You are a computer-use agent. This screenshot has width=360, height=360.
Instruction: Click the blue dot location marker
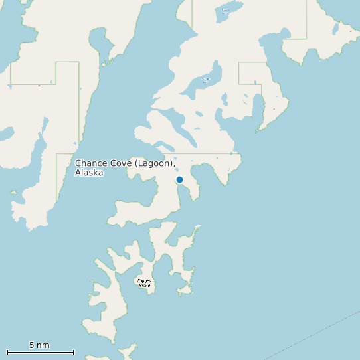(x=179, y=179)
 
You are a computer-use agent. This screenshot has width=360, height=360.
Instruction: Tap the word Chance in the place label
(x=90, y=163)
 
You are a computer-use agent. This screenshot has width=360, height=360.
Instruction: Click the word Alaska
(x=89, y=173)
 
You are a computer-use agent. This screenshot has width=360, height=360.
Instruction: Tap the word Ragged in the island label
(x=144, y=281)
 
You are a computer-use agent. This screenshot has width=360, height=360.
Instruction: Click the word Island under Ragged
(x=144, y=285)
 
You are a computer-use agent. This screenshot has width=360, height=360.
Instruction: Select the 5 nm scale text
(x=39, y=345)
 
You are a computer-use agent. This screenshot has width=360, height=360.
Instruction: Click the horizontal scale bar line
(x=40, y=352)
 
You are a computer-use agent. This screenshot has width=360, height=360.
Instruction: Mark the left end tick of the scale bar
(x=7, y=352)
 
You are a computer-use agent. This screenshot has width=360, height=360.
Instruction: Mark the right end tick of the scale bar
(x=74, y=352)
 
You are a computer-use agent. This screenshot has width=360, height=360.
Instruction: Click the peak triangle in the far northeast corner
(x=351, y=31)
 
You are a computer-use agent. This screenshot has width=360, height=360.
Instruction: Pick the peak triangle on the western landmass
(x=39, y=86)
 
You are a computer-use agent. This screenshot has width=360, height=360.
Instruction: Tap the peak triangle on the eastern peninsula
(x=274, y=109)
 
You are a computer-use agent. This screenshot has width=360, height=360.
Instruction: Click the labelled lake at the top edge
(x=226, y=11)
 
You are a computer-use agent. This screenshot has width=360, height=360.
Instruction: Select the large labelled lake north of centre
(x=205, y=80)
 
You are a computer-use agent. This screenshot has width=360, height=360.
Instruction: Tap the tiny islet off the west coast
(x=13, y=193)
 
